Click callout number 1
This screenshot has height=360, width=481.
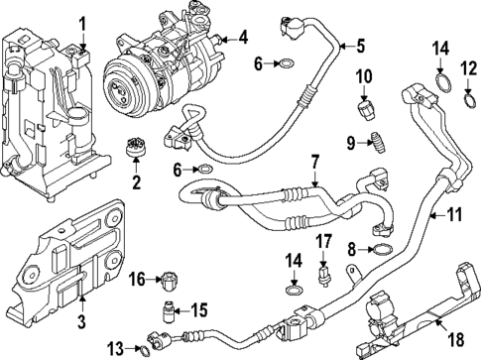[82, 22]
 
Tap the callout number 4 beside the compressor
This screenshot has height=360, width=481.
[243, 39]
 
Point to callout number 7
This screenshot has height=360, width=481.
[314, 160]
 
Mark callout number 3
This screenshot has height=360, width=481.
[81, 319]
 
